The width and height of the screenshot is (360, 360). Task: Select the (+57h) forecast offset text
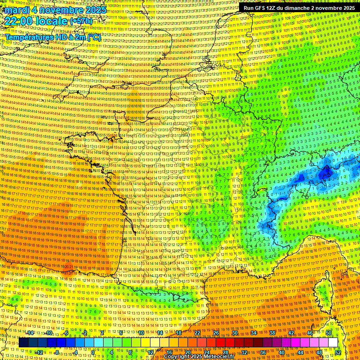(x=81, y=21)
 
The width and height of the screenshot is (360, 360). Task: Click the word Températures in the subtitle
(x=30, y=37)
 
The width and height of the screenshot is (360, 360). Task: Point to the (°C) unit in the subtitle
(x=93, y=37)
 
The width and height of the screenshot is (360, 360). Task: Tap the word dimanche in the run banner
(x=299, y=8)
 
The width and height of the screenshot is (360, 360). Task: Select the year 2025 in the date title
(x=92, y=10)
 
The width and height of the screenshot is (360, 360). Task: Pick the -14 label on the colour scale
(x=30, y=333)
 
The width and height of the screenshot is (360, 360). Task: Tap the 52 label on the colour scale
(x=338, y=352)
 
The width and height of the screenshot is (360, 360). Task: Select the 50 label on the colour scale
(x=329, y=333)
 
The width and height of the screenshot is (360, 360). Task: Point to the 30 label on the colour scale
(x=235, y=333)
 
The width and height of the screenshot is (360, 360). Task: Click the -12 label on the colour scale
(x=39, y=352)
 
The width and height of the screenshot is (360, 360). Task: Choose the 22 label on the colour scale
(x=197, y=333)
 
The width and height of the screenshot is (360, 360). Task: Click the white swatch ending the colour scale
(x=333, y=343)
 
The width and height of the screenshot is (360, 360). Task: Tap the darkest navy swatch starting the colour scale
(x=23, y=343)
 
